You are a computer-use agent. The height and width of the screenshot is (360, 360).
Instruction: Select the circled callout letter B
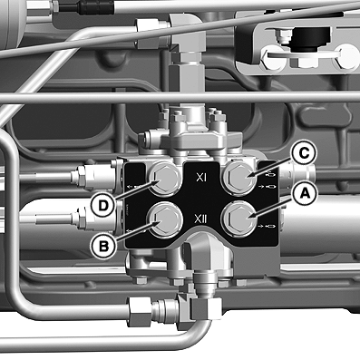(103, 247)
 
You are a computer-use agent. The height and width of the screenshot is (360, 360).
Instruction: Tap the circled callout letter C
(304, 154)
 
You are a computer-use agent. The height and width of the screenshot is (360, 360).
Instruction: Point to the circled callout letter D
(103, 206)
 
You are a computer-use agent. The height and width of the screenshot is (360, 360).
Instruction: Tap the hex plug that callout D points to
(165, 178)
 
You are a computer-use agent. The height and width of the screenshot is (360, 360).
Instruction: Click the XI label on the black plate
(201, 178)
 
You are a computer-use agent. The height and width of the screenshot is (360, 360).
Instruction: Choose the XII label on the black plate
(200, 219)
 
